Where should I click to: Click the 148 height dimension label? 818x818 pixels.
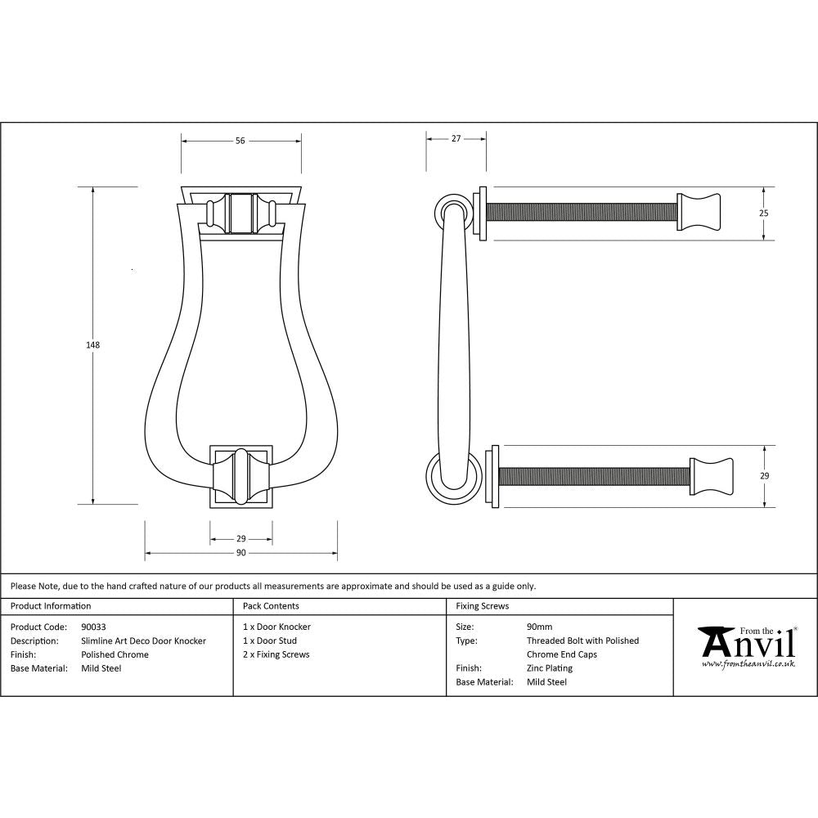(x=92, y=345)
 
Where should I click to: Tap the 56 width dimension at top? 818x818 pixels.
(x=240, y=141)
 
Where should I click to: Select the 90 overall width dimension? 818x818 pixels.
(x=240, y=554)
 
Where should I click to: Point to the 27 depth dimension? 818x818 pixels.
(x=456, y=139)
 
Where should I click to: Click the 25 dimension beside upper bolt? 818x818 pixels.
(x=764, y=213)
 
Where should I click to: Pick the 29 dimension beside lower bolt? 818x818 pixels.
(x=764, y=475)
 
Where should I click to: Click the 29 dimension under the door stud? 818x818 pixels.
(x=240, y=539)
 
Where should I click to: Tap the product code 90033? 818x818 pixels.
(x=94, y=627)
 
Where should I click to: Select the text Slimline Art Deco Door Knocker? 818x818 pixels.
(x=143, y=641)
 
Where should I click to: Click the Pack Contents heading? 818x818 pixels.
(x=271, y=606)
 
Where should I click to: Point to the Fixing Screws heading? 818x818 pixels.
(x=482, y=606)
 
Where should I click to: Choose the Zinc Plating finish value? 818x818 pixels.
(x=549, y=668)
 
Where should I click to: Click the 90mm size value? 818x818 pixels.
(x=539, y=627)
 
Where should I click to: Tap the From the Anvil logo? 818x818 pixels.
(x=747, y=646)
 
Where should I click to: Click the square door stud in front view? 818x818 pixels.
(x=240, y=477)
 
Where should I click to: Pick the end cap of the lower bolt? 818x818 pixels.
(x=711, y=476)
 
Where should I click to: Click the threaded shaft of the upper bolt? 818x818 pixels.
(x=582, y=212)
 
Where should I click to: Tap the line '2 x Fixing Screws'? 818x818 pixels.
(x=276, y=654)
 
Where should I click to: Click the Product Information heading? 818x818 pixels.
(x=51, y=606)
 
